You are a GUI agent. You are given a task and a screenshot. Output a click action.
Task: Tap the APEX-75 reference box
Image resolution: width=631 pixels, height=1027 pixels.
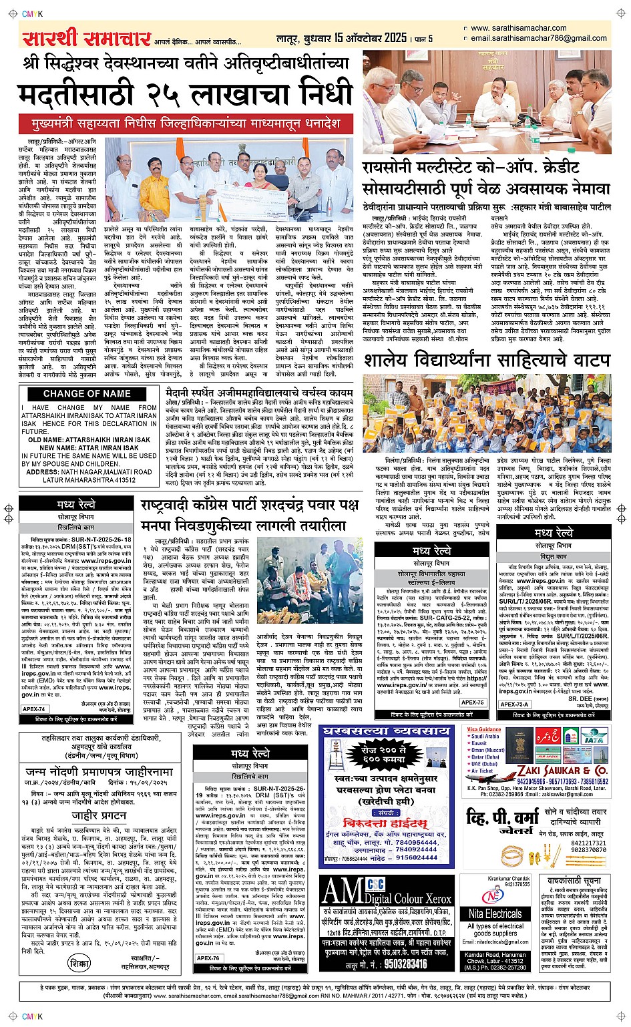[x=471, y=702]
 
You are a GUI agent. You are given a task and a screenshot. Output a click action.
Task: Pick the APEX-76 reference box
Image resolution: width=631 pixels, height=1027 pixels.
[x=208, y=958]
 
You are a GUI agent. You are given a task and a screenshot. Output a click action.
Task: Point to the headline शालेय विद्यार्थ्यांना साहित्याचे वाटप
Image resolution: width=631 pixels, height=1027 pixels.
[x=486, y=361]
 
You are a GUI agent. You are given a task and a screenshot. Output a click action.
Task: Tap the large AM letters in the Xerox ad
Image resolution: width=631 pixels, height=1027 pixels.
[x=342, y=892]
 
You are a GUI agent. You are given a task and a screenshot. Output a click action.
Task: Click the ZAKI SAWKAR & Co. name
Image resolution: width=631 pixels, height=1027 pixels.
[x=565, y=770]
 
